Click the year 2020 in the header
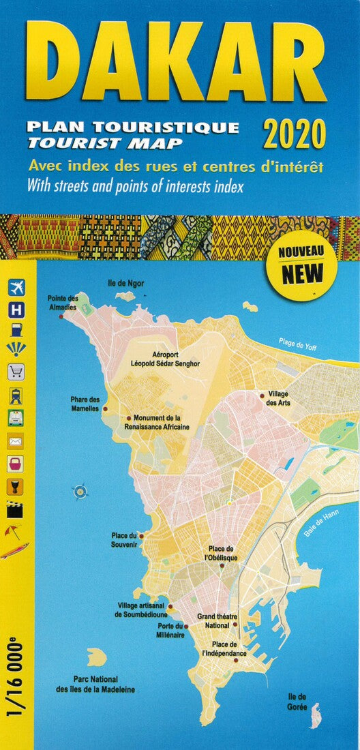[295, 134]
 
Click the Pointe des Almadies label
[63, 303]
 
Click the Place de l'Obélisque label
[222, 553]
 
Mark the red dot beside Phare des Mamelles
[104, 409]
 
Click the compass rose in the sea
[80, 490]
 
